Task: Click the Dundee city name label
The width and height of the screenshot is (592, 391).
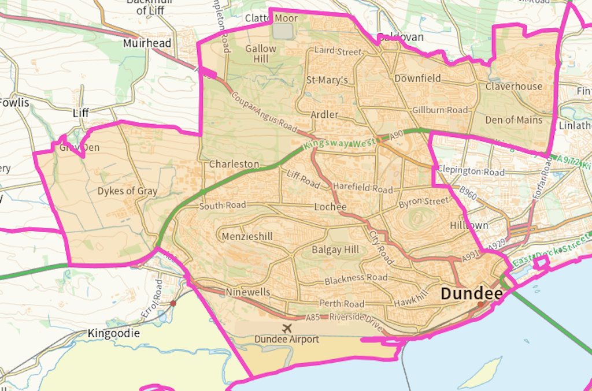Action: pos(471,293)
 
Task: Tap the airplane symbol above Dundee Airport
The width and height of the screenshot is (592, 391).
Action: pos(286,328)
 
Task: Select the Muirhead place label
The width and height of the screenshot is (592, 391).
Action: pos(147,43)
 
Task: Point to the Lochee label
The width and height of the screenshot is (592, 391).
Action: pos(330,207)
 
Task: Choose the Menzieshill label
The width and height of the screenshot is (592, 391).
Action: pos(247,236)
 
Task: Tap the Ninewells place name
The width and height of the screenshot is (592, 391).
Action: pos(248,292)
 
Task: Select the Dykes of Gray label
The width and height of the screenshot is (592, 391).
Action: pos(127,191)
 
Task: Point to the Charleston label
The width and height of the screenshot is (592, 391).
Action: pos(234,164)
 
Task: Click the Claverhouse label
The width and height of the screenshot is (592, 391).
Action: pos(514,87)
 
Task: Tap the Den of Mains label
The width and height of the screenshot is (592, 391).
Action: pos(514,120)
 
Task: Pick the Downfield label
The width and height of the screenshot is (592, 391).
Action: pos(417,79)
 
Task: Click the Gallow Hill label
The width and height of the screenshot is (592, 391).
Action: pos(261,54)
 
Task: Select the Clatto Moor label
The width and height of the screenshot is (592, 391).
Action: pos(271,18)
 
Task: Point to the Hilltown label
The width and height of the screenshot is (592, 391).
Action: pos(469,225)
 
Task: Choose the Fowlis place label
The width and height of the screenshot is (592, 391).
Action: pos(14,103)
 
